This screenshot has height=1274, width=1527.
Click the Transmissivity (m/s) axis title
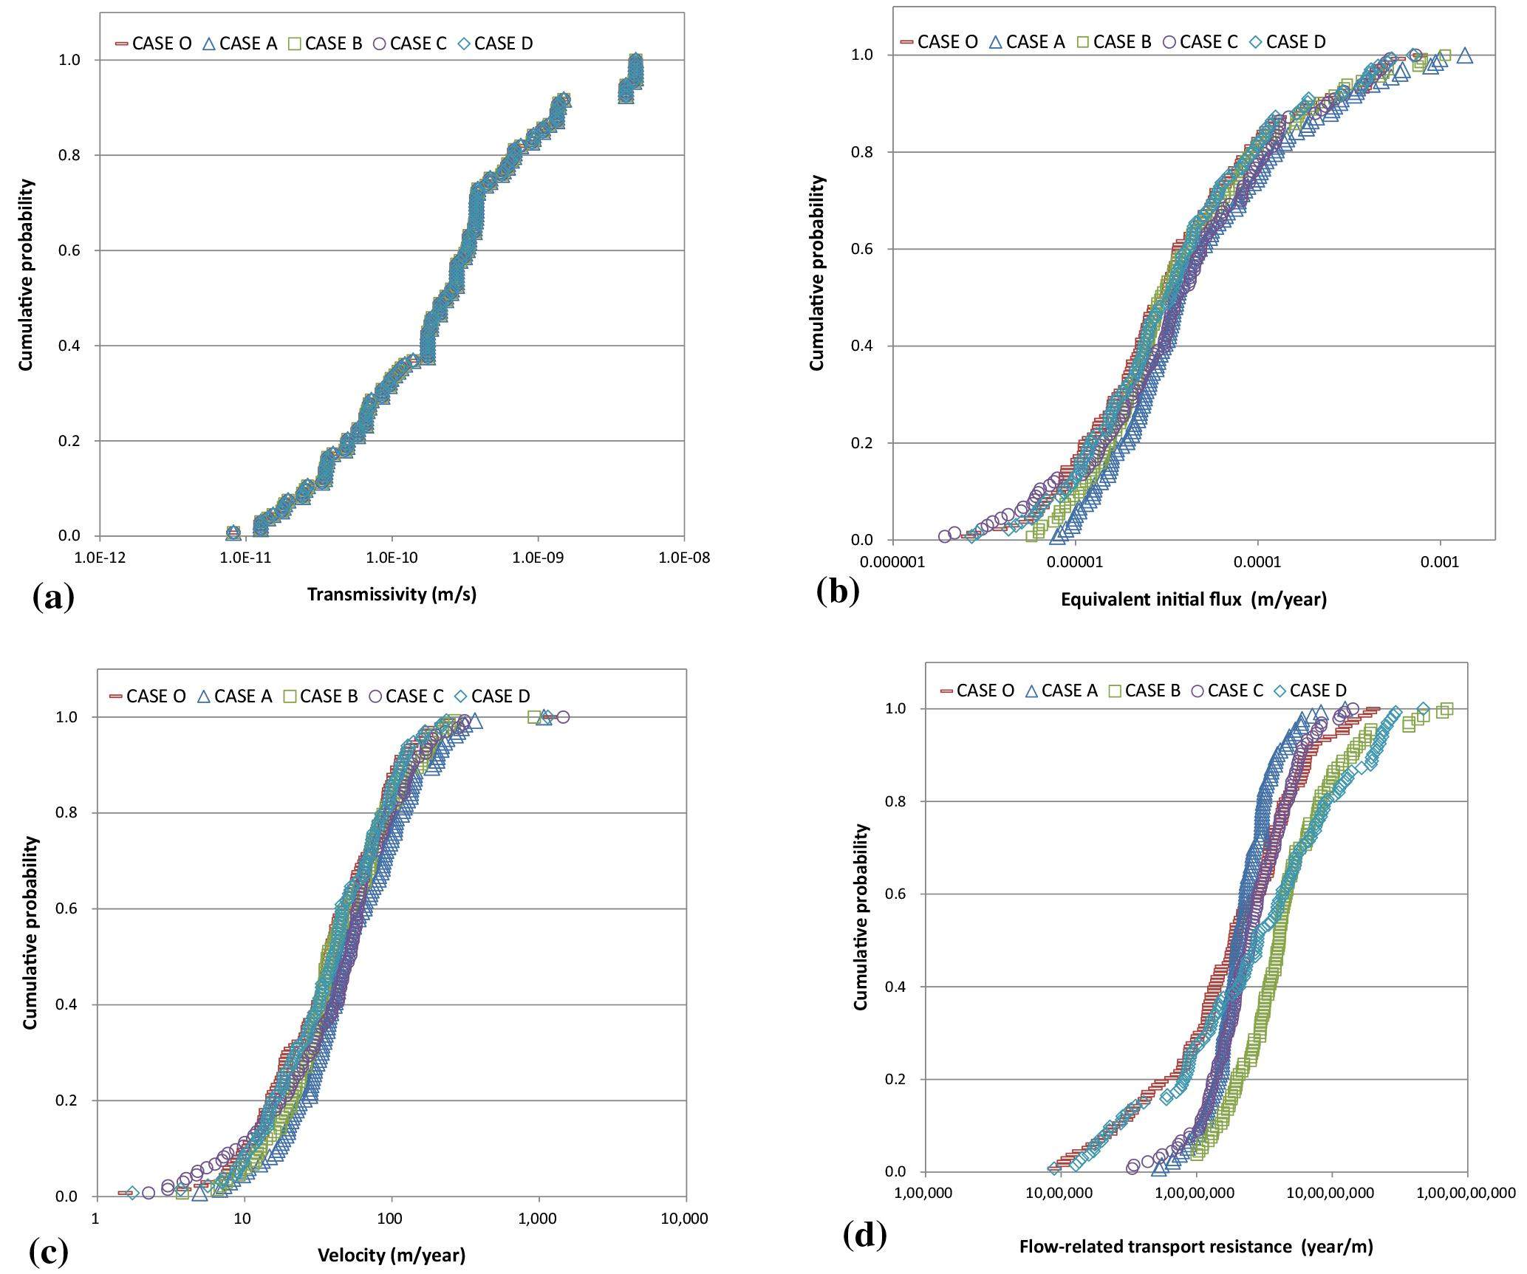tap(392, 595)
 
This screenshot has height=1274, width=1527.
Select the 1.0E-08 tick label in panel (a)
tap(684, 558)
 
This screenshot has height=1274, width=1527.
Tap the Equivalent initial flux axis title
tap(1194, 600)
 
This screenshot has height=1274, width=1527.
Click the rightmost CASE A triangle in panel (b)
tap(1464, 55)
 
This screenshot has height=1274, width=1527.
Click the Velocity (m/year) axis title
tap(392, 1255)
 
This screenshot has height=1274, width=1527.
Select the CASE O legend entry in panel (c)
tap(148, 696)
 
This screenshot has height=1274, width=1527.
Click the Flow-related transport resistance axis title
tap(1196, 1247)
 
